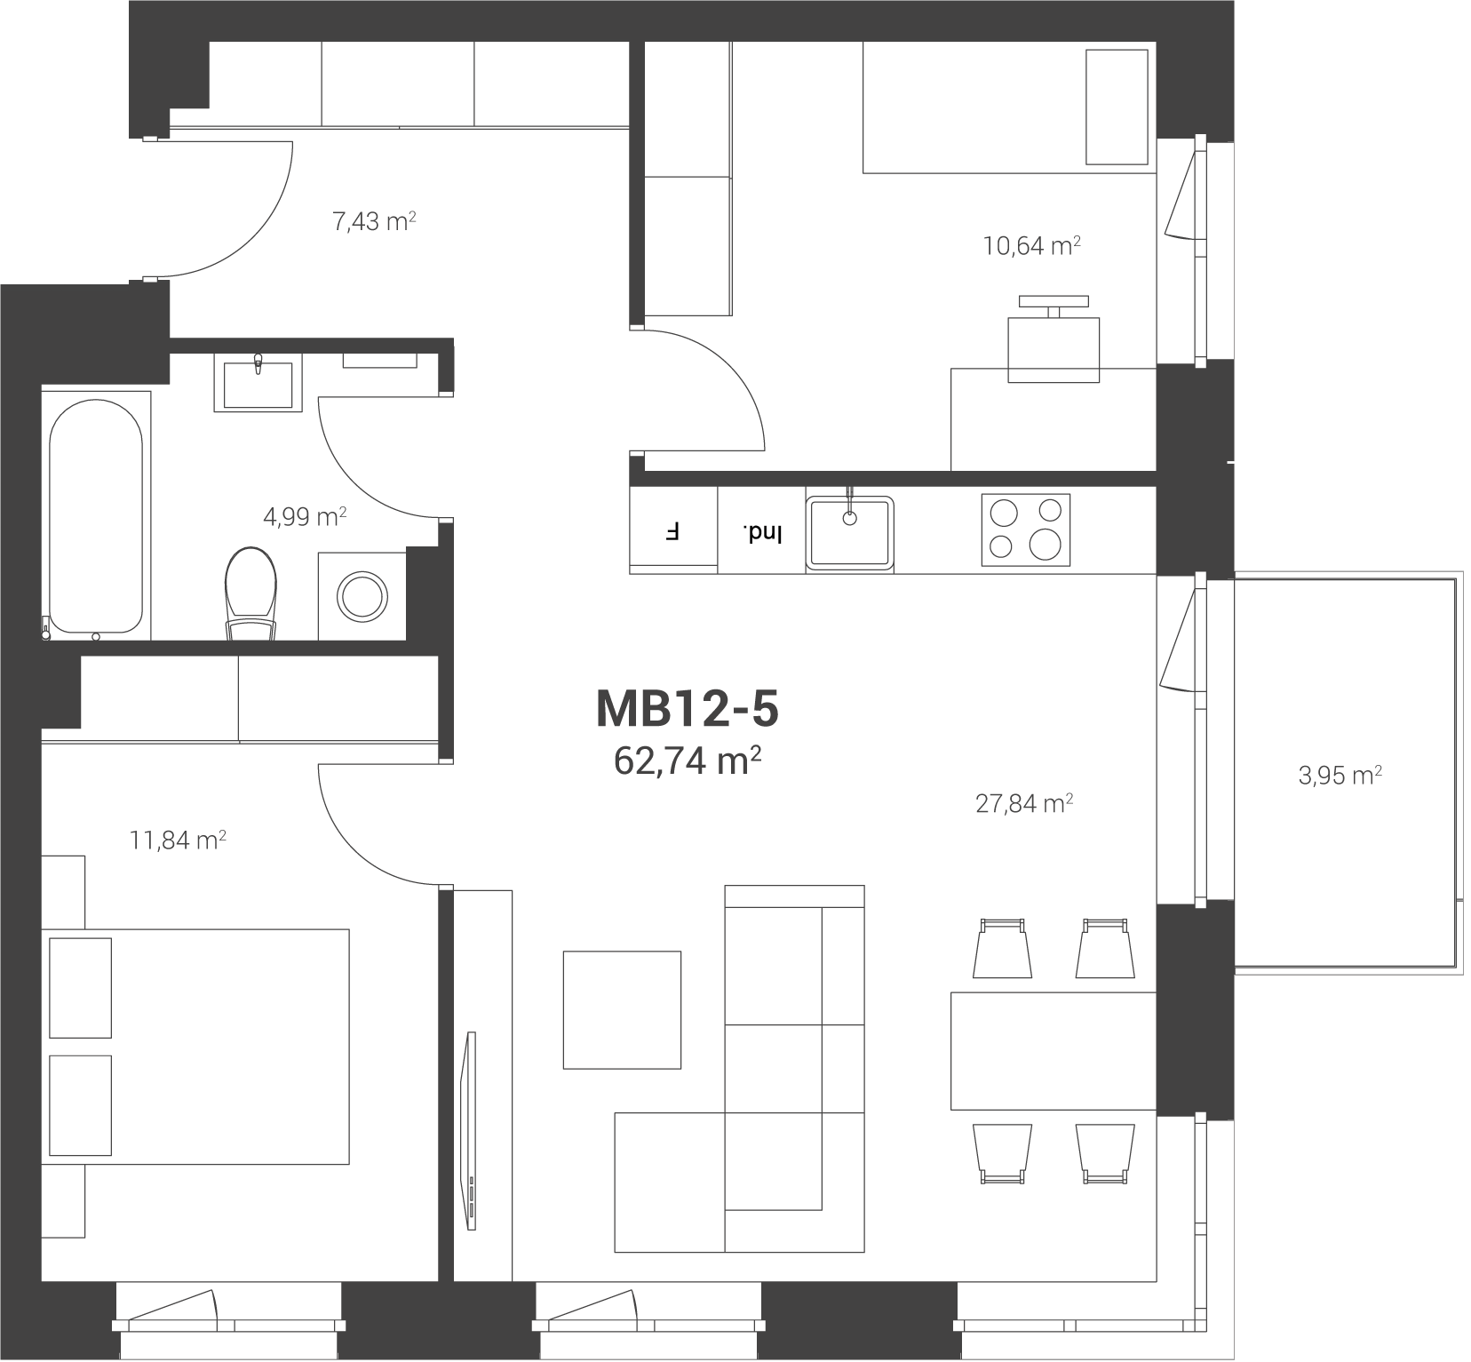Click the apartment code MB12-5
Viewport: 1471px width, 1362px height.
pos(687,708)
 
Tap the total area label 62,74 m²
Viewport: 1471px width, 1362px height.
pos(688,761)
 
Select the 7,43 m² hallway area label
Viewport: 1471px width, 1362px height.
pos(374,221)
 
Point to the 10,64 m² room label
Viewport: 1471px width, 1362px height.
pos(1031,245)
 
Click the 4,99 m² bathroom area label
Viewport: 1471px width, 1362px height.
pos(305,516)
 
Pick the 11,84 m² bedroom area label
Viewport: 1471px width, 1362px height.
pos(178,840)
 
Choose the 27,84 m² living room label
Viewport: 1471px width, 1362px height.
pos(1024,804)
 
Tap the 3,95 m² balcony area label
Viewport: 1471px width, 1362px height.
pos(1340,776)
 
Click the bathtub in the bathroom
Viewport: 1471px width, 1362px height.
pos(95,514)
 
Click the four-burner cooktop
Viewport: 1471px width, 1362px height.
pos(1026,530)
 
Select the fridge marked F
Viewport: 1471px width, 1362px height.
pos(673,531)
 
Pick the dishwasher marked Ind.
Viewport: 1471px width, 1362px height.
pos(762,531)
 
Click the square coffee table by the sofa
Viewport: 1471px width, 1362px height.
pos(622,1009)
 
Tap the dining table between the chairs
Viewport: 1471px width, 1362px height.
pos(1054,1051)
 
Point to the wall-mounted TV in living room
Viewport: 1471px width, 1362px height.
pos(471,1131)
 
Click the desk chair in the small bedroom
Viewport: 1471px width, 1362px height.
pos(1054,339)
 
